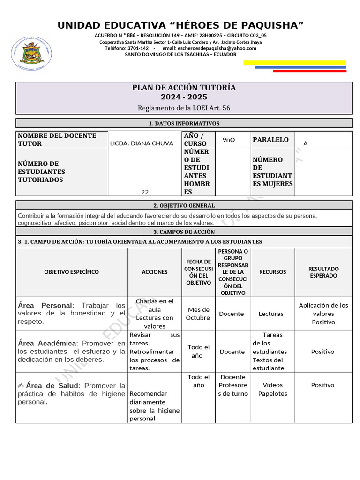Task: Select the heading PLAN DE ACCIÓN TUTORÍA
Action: pos(184,88)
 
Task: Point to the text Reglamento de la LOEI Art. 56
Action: pos(184,108)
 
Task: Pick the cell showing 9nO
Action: pos(229,140)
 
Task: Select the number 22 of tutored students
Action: pos(145,192)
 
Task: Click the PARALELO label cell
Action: pos(270,140)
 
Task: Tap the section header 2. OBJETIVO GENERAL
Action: pos(184,205)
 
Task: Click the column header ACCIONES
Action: pos(155,272)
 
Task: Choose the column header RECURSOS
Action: pos(273,272)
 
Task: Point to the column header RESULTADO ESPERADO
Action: pos(323,272)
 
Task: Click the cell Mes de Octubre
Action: pos(198,314)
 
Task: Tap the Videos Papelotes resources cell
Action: pos(272,389)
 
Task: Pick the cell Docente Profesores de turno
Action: pos(233,385)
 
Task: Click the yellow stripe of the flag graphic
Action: pos(295,62)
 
